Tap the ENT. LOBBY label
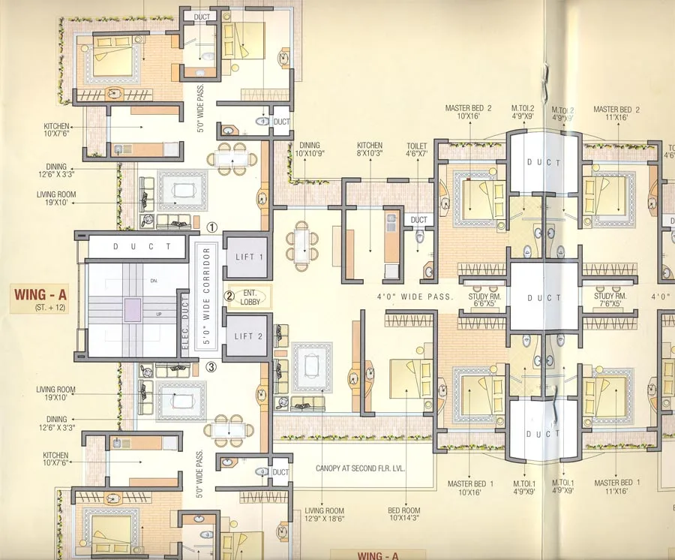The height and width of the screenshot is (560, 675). [x=249, y=297]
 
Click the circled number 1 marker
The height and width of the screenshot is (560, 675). [x=212, y=226]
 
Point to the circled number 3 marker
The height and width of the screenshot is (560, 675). [x=212, y=367]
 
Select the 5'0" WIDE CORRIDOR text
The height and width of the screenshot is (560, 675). [x=208, y=295]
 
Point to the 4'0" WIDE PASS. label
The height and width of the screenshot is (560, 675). [x=415, y=297]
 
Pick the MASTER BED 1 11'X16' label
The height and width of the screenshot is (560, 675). [x=616, y=486]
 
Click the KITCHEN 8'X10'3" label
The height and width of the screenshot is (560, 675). [x=370, y=149]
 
